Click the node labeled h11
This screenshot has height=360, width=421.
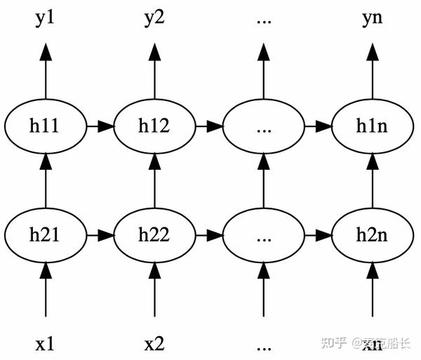click(46, 127)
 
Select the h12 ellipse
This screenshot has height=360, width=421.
click(154, 127)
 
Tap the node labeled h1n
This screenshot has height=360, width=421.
click(373, 127)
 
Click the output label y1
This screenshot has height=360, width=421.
click(46, 18)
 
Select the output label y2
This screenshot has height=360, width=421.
click(154, 18)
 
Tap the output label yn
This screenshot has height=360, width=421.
click(373, 18)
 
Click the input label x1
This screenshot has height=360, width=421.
click(46, 345)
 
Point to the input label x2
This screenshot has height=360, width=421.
click(154, 345)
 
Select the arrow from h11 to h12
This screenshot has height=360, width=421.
click(100, 127)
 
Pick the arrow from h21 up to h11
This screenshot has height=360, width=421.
click(46, 181)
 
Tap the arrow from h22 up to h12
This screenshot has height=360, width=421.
click(154, 181)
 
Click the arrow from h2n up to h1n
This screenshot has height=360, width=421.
click(373, 181)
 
